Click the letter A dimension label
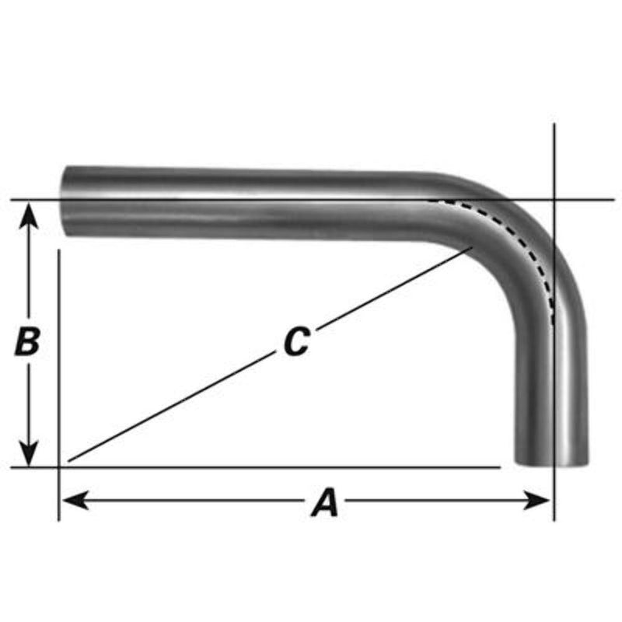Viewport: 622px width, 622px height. [x=325, y=502]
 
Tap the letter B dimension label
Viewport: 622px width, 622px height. [x=27, y=341]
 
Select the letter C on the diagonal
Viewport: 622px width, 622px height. [x=296, y=342]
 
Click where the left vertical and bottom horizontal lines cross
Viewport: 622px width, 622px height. [x=59, y=467]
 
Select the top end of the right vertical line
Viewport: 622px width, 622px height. [x=554, y=124]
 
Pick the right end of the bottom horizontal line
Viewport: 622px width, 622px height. [x=499, y=467]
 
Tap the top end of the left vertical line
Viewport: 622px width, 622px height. [x=59, y=250]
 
